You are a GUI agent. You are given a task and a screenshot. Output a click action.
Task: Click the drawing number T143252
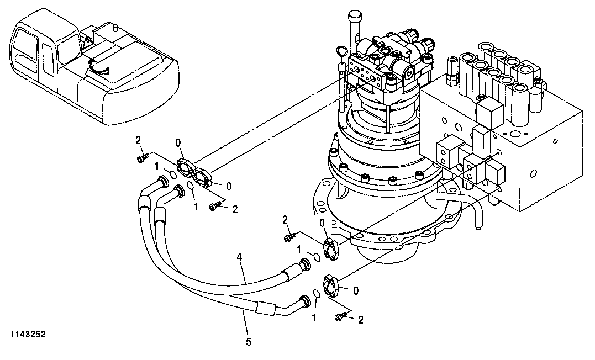point(27,335)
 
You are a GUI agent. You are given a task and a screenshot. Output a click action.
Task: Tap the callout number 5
point(249,342)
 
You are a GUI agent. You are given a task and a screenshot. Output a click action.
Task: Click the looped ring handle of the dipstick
point(340,54)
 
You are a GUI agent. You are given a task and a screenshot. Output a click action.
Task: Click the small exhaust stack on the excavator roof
point(114,26)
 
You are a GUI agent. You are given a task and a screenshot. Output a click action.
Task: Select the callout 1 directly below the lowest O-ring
point(314,318)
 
